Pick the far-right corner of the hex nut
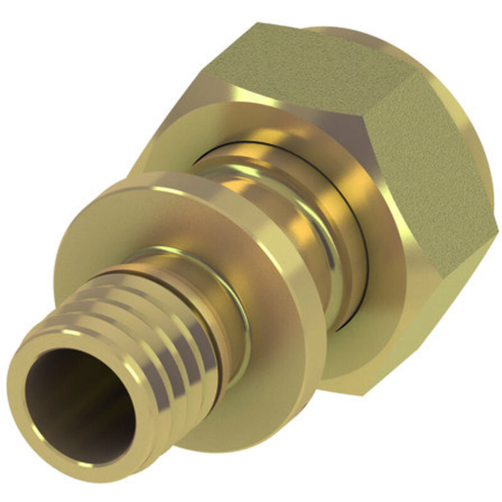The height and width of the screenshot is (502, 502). point(496,226)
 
